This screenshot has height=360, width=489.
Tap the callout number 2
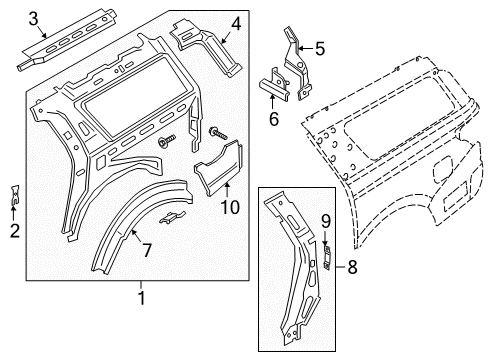14,232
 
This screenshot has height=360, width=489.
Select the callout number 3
33,18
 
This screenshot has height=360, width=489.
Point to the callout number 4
235,24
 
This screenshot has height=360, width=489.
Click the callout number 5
319,47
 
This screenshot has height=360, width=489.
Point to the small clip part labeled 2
15,196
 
